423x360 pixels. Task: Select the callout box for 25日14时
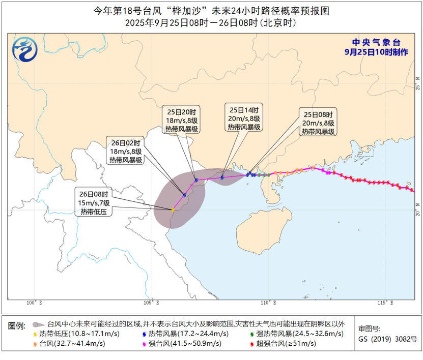[x=244, y=118]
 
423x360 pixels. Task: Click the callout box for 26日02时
[x=125, y=151]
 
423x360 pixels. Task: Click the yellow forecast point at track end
[x=173, y=210]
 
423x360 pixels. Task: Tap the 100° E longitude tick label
[x=34, y=303]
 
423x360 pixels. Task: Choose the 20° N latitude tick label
[x=418, y=209]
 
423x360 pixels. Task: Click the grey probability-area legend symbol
[x=38, y=324]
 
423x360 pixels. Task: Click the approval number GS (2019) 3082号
[x=387, y=339]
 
